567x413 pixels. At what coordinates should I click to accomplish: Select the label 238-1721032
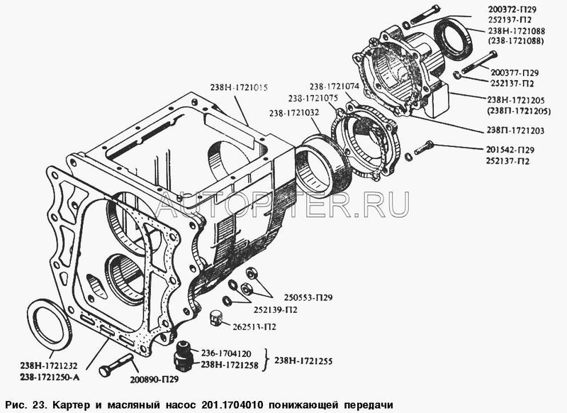(x=294, y=113)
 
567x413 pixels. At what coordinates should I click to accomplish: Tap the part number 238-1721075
(x=313, y=99)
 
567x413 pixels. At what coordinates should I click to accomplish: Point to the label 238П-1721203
(x=515, y=131)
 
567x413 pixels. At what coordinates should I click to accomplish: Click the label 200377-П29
(x=514, y=73)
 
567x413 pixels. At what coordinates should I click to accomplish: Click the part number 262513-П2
(x=254, y=327)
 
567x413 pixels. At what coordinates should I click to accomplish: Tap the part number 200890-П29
(x=154, y=380)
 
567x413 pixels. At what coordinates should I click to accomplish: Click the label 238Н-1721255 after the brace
(x=303, y=361)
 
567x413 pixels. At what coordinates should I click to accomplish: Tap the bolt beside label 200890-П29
(x=116, y=365)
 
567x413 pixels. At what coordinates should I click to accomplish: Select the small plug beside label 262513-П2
(x=215, y=318)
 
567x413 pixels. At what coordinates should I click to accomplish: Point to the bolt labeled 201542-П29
(x=424, y=148)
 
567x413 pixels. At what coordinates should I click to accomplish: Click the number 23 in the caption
(x=38, y=404)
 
